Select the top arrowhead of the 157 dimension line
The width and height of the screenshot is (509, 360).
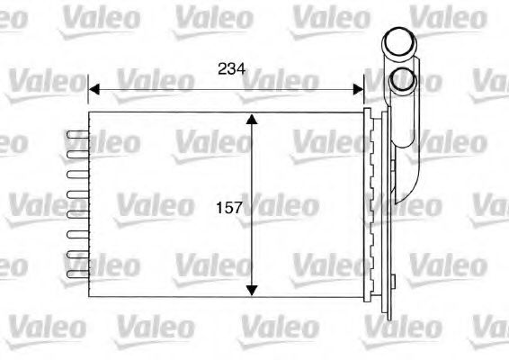point(253,121)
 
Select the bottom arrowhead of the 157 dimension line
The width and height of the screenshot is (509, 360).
point(253,290)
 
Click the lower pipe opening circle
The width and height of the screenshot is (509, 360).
point(402,80)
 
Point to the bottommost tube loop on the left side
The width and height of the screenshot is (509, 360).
point(78,274)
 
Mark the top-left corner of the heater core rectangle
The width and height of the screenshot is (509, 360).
point(89,112)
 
